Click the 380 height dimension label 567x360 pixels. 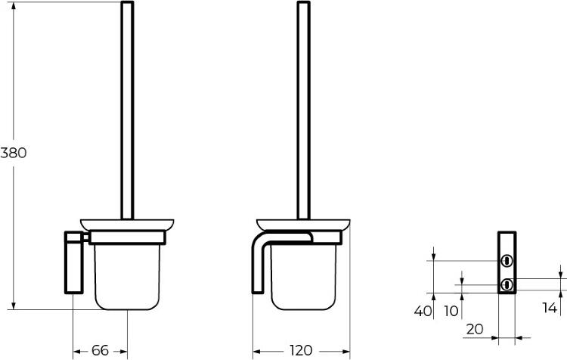coord(14,153)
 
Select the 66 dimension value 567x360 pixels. coord(100,350)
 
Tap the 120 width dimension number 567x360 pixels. coord(301,350)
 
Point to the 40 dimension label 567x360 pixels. coord(423,311)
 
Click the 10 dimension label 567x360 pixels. coord(451,311)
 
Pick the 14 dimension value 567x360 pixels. coord(550,308)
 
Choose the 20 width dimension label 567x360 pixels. coord(475,329)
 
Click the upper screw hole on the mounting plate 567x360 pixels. coord(507,260)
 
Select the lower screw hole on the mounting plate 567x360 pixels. coord(507,284)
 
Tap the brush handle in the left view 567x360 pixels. coord(127,110)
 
